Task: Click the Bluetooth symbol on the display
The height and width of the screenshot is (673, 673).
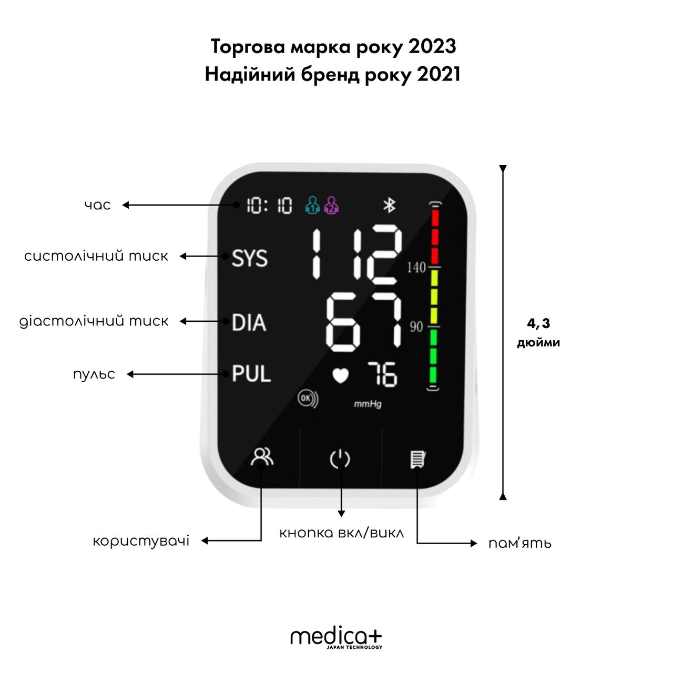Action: click(x=390, y=206)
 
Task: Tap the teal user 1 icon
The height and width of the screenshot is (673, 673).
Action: click(x=312, y=206)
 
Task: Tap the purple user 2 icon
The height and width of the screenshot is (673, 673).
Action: click(x=331, y=206)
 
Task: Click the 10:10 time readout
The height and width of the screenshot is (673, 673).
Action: click(x=269, y=206)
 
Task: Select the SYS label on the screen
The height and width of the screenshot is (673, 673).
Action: click(x=250, y=259)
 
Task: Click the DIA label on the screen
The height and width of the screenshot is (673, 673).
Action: click(x=249, y=322)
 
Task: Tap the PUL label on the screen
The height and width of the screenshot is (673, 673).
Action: click(x=251, y=374)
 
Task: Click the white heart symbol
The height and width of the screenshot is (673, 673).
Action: click(x=340, y=376)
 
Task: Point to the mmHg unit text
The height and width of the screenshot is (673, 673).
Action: click(x=368, y=404)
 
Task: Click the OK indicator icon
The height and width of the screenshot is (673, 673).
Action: click(x=308, y=399)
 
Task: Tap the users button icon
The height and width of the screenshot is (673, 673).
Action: click(x=262, y=457)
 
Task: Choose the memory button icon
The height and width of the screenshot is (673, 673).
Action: click(x=417, y=459)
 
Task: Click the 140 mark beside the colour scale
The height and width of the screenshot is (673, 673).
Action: click(x=416, y=268)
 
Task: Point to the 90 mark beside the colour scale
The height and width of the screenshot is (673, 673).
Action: click(x=416, y=327)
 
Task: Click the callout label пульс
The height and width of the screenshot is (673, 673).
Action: click(x=94, y=374)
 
